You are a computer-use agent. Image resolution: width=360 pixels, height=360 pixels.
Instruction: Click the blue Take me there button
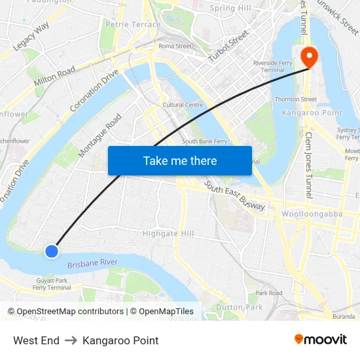[180, 160]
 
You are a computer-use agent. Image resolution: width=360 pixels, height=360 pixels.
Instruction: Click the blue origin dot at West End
[52, 251]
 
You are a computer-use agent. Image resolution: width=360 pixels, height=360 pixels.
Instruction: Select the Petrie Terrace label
[133, 25]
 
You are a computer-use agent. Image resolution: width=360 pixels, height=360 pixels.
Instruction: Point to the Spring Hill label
[230, 9]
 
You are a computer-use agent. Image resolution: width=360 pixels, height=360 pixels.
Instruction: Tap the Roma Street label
[175, 46]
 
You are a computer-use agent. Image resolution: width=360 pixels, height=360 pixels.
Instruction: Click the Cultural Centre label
[183, 105]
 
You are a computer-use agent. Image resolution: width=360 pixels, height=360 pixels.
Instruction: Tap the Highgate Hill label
[169, 234]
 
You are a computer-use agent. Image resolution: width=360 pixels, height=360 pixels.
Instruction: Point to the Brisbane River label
[92, 263]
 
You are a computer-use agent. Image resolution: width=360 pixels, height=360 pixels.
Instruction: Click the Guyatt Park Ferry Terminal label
[52, 284]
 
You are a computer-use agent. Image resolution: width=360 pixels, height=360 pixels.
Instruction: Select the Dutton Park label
[239, 306]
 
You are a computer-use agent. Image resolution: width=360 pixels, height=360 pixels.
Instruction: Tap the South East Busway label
[235, 196]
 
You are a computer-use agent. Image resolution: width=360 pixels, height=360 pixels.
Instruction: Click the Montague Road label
[100, 135]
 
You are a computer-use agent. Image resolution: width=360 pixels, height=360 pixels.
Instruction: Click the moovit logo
[321, 340]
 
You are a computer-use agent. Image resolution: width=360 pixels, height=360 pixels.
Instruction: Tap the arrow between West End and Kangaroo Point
[71, 340]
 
